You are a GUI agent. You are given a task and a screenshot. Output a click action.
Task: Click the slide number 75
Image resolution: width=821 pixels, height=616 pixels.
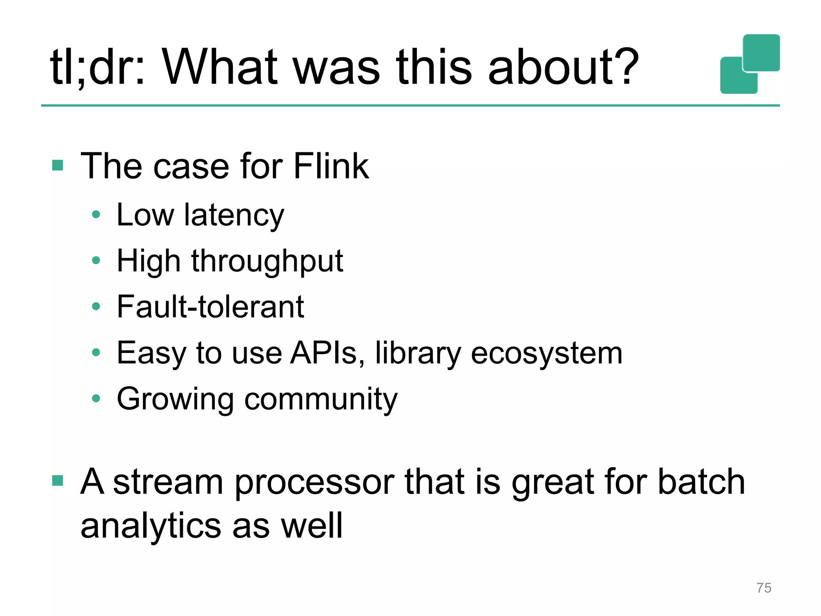[764, 588]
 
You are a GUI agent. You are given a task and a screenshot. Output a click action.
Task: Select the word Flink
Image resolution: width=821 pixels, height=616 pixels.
[331, 166]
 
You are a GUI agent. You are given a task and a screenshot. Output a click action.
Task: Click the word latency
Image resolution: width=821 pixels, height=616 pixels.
[234, 216]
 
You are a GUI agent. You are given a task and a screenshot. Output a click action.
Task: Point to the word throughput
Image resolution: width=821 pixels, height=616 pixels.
[267, 261]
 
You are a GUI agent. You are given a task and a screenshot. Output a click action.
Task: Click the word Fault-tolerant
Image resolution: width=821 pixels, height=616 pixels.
[210, 307]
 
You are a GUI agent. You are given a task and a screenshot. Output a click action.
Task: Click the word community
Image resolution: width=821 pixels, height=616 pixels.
[321, 399]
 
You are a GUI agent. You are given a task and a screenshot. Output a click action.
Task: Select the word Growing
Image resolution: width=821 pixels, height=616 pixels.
[175, 399]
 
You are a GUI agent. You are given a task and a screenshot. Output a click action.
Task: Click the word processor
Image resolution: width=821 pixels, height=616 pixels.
[314, 482]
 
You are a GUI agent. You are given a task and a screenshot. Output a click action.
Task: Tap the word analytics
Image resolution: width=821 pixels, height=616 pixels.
[151, 526]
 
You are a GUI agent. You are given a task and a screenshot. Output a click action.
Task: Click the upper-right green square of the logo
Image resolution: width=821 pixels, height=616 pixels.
[761, 53]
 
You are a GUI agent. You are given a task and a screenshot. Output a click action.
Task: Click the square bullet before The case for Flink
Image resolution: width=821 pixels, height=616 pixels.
[58, 165]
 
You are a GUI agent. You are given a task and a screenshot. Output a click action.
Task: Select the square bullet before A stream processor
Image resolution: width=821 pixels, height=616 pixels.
[58, 480]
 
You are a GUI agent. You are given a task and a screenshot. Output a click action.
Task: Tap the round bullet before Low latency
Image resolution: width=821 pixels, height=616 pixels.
[96, 215]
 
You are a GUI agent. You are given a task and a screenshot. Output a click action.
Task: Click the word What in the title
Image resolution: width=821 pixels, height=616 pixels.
[220, 67]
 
